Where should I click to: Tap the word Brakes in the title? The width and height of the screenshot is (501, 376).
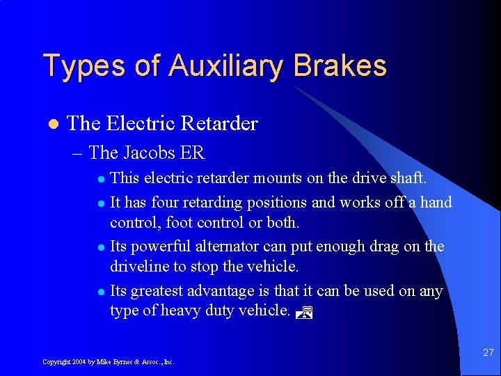coord(340,66)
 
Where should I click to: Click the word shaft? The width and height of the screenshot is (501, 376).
coord(408,179)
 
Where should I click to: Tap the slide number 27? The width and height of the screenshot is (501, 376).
coord(488,353)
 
